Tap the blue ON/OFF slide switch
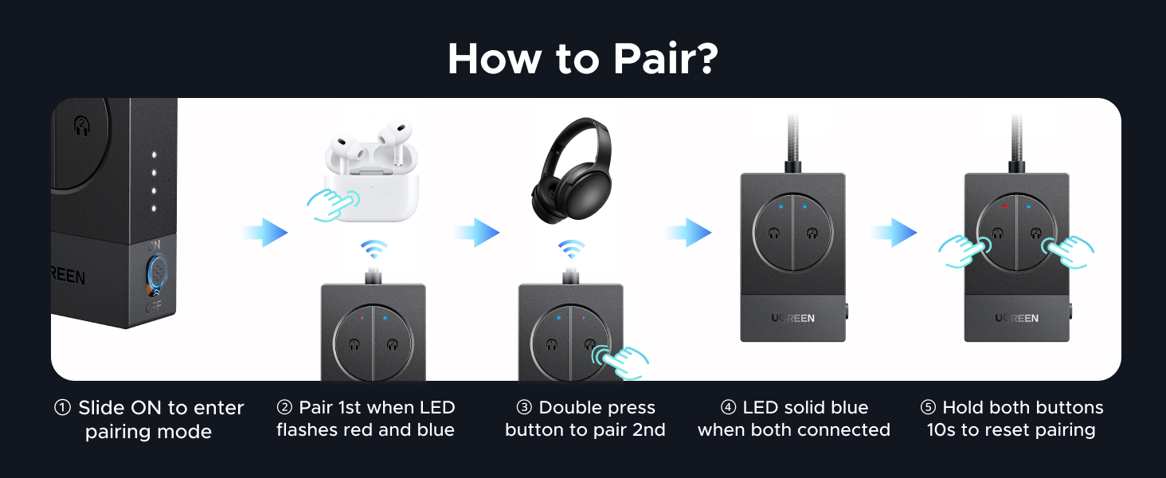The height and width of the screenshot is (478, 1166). (x=157, y=271)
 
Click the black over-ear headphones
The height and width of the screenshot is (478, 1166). (x=572, y=170)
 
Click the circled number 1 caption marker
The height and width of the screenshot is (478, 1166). (x=62, y=407)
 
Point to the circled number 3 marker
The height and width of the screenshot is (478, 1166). (x=524, y=407)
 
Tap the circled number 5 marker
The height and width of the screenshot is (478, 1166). (x=928, y=407)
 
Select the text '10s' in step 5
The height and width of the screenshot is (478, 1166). (x=941, y=430)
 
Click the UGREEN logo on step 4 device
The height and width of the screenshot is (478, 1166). (x=792, y=318)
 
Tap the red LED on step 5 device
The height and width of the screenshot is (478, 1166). (x=1004, y=206)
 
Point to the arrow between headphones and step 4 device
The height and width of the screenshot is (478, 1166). (x=688, y=233)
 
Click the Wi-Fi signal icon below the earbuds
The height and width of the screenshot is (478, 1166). (x=374, y=249)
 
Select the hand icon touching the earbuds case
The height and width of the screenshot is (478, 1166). (x=333, y=205)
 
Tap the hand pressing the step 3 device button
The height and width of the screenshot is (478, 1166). (x=620, y=362)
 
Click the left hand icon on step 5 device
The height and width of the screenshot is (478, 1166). (x=964, y=252)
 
